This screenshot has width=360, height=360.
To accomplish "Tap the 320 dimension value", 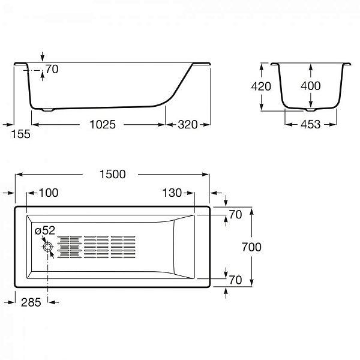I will click(187, 125).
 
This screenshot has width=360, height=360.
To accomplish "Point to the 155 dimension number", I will click(20, 134).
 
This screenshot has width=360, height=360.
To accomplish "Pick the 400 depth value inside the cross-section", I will click(310, 86).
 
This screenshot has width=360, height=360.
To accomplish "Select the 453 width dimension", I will click(310, 125).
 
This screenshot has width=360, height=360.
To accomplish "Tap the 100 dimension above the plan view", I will click(49, 193).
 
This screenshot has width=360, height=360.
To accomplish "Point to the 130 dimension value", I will click(172, 193).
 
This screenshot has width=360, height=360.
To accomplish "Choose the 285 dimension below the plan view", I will click(31, 302).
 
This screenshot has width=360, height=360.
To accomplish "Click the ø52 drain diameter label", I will click(45, 230).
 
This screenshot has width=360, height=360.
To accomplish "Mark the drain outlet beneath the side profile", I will click(48, 110).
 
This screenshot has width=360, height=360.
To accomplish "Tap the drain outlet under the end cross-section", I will click(310, 110).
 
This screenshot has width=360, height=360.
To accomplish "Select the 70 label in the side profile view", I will click(52, 70).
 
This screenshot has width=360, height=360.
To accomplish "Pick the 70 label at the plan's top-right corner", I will click(235, 214).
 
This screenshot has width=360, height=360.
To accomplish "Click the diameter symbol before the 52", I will click(38, 230).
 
